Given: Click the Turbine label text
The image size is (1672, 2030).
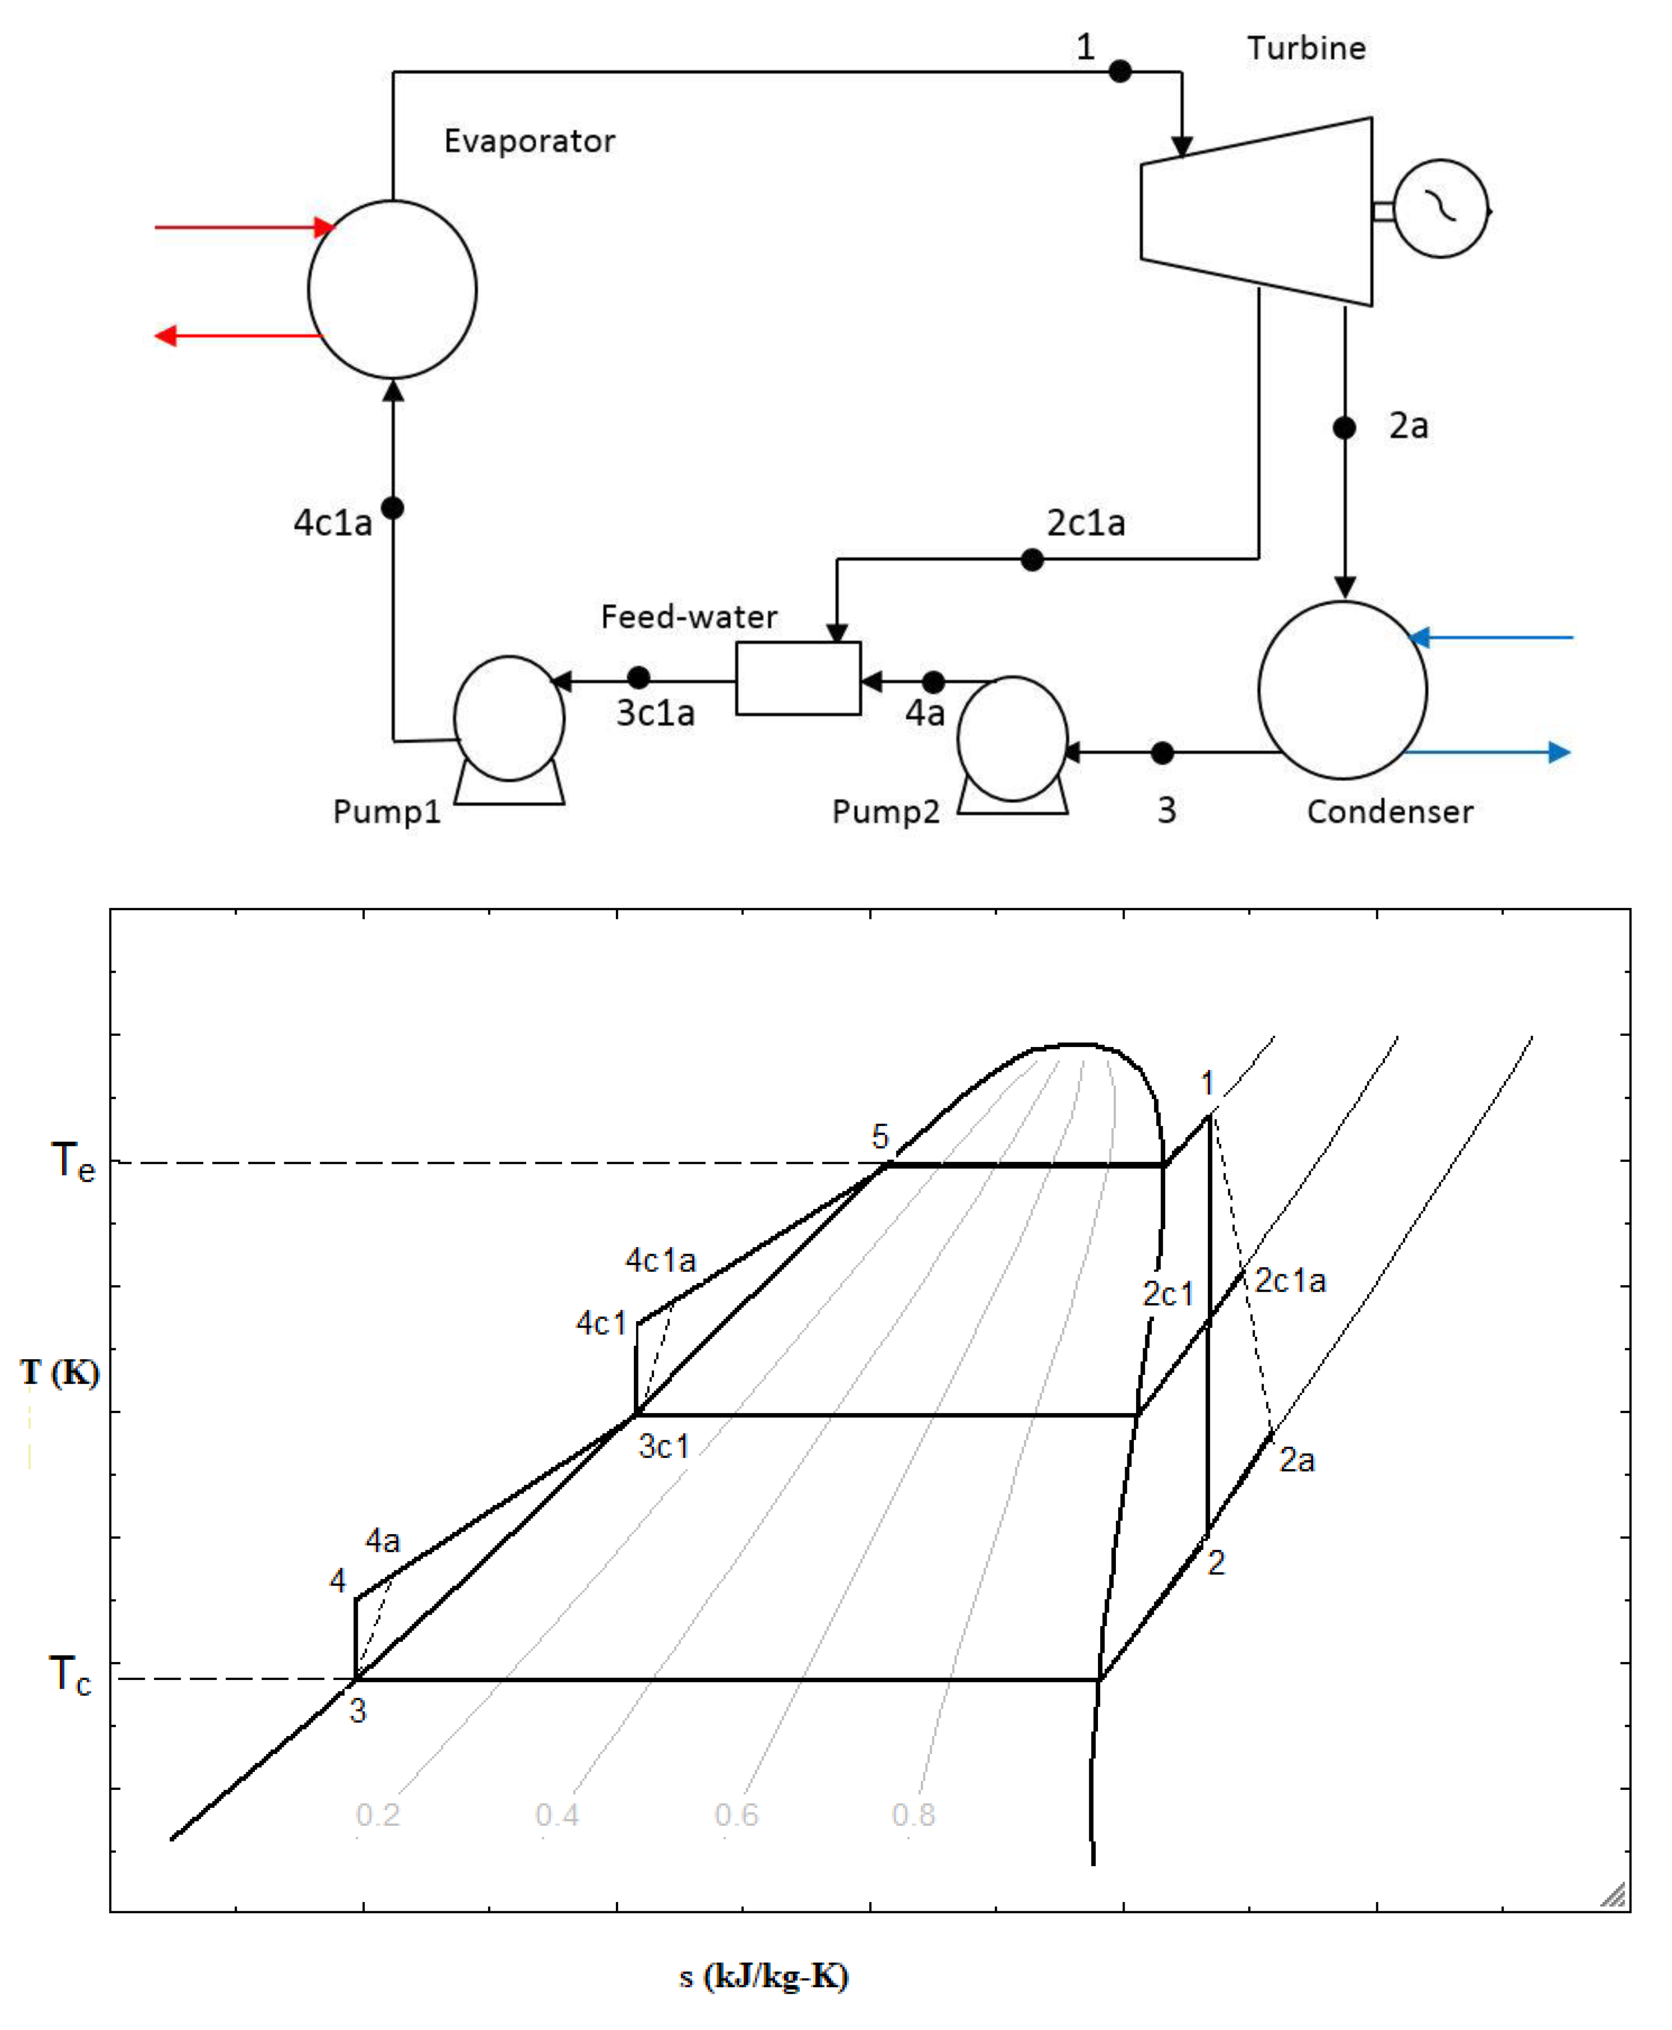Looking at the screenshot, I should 1306,48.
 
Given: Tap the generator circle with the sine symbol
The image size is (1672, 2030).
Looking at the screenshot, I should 1441,209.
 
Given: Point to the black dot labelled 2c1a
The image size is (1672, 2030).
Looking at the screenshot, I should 1032,559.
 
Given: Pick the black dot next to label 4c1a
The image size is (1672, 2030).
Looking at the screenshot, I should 392,507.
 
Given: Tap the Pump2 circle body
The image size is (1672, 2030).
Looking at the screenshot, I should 1012,739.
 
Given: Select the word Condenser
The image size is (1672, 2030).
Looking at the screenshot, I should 1389,812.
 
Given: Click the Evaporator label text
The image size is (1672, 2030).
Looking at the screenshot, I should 529,142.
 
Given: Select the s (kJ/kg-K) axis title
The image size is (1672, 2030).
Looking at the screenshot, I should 763,1976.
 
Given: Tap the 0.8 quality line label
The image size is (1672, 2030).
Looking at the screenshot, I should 913,1814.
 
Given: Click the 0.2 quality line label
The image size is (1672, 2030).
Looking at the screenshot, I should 378,1814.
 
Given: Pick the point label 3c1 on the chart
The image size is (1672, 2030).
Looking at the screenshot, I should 664,1446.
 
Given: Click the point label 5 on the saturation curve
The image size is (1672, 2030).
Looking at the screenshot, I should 879,1136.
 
